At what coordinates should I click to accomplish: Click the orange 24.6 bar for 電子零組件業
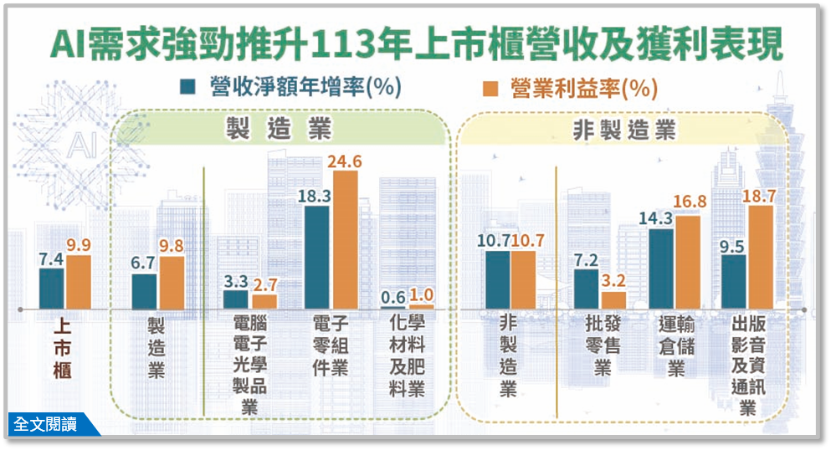pos(345,239)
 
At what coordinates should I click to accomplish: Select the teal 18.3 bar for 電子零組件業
pos(317,257)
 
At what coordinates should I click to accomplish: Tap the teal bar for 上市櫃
pos(51,288)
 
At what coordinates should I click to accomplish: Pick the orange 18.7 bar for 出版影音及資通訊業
pos(760,256)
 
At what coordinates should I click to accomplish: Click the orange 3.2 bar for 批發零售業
pos(613,299)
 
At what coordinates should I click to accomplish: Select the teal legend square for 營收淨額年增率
pos(187,87)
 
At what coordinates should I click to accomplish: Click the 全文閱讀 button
pos(47,424)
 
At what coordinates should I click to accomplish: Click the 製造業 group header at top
pos(278,130)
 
